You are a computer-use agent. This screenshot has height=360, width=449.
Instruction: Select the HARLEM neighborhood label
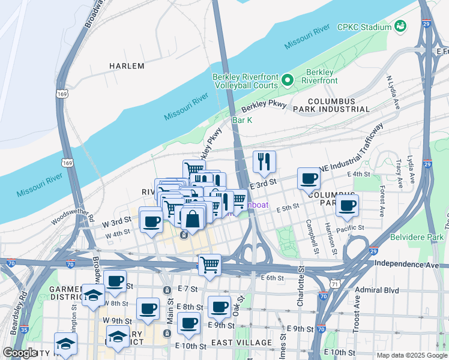pyautogui.click(x=127, y=66)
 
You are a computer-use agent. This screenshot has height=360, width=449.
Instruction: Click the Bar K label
pyautogui.click(x=242, y=121)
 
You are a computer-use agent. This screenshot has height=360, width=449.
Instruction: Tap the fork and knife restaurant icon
pyautogui.click(x=264, y=161)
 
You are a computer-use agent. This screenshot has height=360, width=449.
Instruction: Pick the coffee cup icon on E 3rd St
pyautogui.click(x=309, y=178)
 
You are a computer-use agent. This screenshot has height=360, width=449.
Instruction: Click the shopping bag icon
pyautogui.click(x=192, y=220)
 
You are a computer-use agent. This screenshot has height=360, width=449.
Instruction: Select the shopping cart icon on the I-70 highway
pyautogui.click(x=209, y=264)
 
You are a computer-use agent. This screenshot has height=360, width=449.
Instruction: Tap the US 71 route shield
pyautogui.click(x=340, y=283)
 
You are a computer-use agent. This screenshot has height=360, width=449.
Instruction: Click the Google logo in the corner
pyautogui.click(x=20, y=353)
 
